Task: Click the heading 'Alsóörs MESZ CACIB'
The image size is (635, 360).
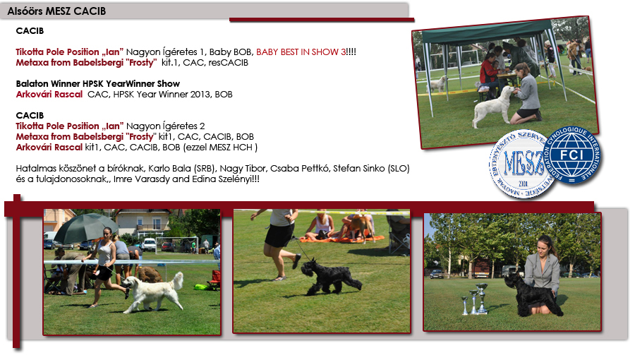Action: tap(56, 11)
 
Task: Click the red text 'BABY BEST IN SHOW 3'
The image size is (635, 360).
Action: tap(301, 52)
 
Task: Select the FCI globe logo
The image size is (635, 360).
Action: tap(571, 155)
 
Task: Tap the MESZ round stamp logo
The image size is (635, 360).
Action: tap(521, 164)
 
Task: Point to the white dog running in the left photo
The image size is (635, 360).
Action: tap(153, 292)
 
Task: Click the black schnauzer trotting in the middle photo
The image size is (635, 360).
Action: tap(330, 277)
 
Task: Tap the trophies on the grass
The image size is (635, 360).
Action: tap(476, 299)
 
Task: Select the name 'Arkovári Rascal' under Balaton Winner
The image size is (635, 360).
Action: tap(49, 95)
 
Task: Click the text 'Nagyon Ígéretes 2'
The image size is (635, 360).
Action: tap(165, 126)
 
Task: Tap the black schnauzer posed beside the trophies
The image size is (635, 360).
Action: tap(532, 295)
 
